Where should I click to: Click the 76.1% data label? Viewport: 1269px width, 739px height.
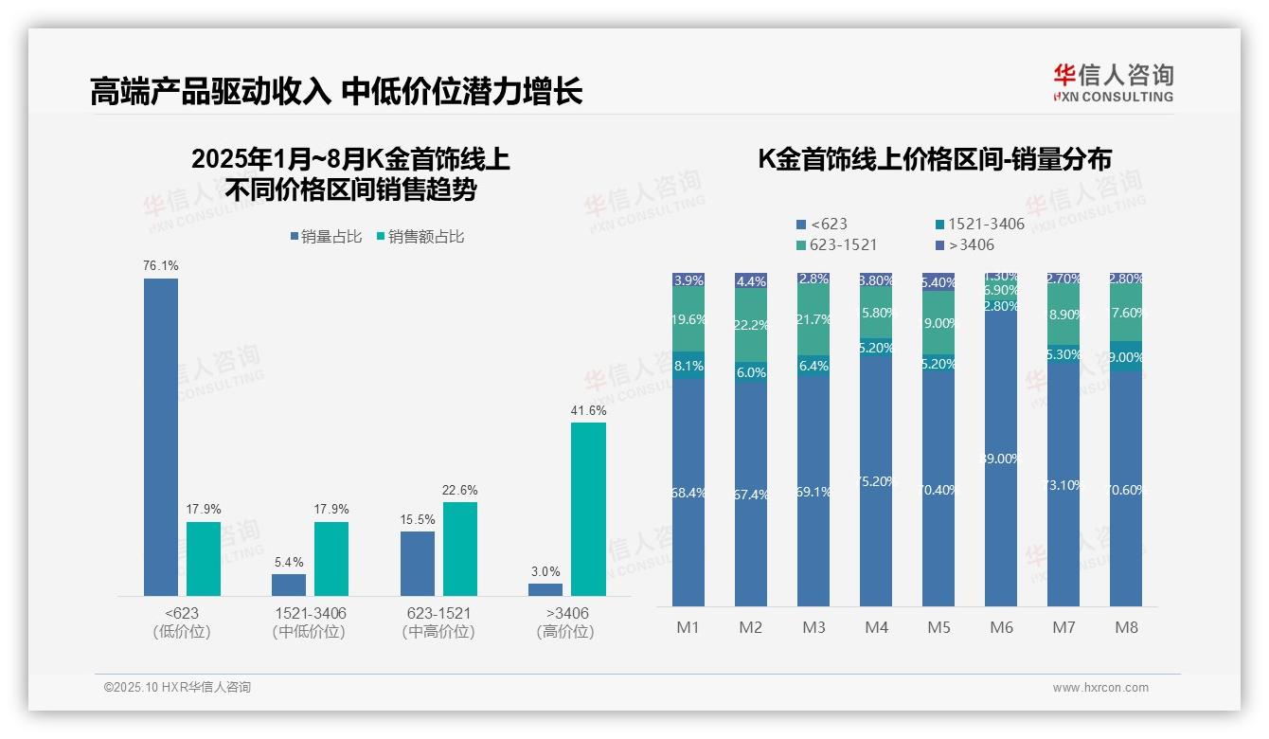[161, 266]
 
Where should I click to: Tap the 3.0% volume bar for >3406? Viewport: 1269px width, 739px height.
[545, 589]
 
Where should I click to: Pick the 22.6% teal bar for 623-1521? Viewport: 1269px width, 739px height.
[460, 549]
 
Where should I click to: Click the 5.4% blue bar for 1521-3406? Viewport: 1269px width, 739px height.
[289, 585]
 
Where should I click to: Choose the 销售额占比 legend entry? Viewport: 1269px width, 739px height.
[420, 237]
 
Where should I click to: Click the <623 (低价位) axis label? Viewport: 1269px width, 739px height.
[181, 622]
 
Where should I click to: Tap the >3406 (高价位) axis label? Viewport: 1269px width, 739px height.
[565, 622]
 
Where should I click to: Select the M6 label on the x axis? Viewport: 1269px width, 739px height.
[1002, 627]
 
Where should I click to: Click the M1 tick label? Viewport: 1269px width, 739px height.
[688, 627]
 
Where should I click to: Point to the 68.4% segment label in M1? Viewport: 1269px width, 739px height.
[688, 493]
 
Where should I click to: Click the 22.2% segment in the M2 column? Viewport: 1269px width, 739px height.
[751, 325]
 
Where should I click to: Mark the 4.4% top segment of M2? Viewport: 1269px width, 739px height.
[751, 280]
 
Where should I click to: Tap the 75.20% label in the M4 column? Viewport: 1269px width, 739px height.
[877, 481]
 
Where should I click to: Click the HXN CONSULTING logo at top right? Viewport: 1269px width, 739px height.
[1114, 83]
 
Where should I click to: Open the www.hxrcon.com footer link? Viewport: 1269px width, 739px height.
[1099, 688]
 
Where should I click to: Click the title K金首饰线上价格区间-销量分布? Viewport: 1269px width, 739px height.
[935, 159]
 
